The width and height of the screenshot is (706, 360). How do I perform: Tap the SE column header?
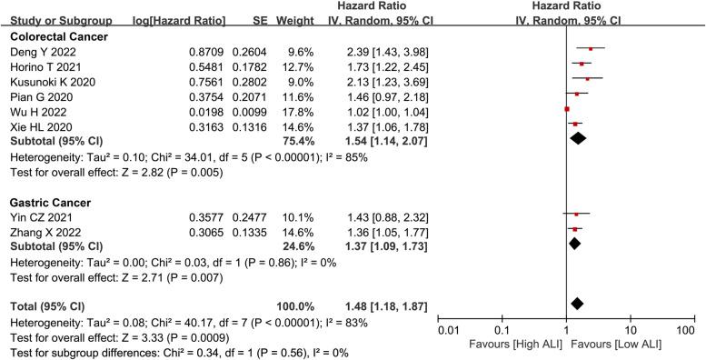[x=257, y=20]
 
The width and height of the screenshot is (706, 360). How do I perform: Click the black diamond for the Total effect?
[x=576, y=303]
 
